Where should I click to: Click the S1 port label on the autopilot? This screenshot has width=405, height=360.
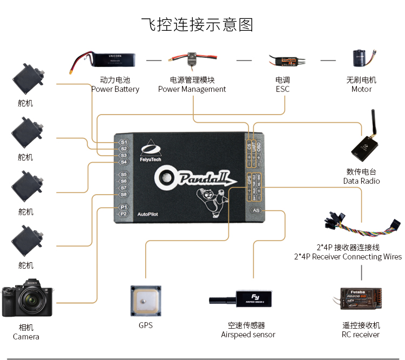point(123,142)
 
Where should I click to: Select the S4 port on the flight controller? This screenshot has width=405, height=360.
point(123,162)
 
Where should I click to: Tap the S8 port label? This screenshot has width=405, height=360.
point(123,195)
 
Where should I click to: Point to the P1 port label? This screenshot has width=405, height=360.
point(123,207)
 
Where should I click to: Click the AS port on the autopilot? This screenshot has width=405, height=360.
point(256,210)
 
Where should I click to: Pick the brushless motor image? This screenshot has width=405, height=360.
point(360,61)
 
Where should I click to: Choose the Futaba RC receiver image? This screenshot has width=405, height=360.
point(361,301)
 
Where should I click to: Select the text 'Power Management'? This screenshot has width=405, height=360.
point(192,89)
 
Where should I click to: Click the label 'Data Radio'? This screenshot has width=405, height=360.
point(361,181)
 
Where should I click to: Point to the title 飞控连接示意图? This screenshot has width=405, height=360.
point(197,25)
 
